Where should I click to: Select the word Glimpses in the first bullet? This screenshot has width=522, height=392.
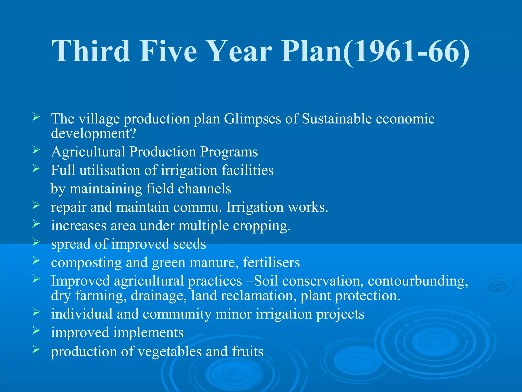252,119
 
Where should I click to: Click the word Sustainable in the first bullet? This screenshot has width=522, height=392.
337,119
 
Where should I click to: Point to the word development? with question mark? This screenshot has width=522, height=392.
94,133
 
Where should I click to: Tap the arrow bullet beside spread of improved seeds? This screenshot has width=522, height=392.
36,242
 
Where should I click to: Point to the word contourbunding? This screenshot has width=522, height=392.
418,281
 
